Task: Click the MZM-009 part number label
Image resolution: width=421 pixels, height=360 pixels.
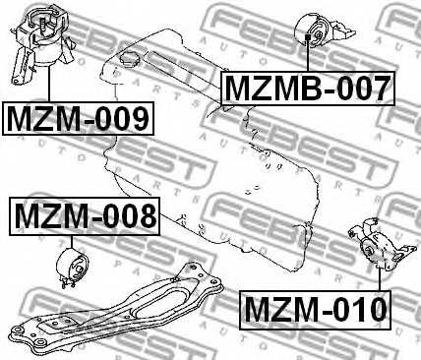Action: (x=80, y=119)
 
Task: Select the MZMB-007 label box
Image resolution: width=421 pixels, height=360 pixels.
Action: (x=307, y=90)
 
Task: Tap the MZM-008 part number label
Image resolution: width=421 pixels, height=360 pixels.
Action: (x=84, y=214)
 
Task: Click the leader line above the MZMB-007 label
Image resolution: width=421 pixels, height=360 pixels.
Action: (x=309, y=59)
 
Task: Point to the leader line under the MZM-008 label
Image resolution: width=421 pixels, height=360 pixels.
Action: (x=74, y=241)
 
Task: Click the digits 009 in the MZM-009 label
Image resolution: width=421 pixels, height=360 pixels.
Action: (x=122, y=119)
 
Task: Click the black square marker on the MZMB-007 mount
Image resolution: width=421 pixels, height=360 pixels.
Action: (x=309, y=38)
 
